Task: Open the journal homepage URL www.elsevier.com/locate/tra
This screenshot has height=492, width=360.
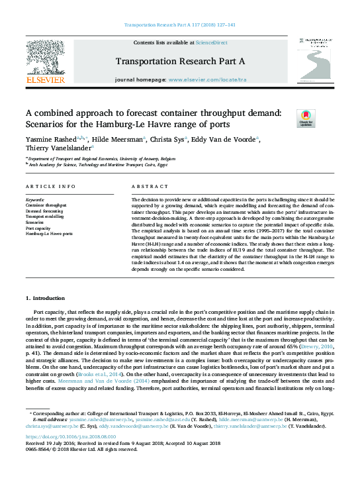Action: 205,79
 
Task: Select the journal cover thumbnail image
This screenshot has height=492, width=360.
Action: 314,60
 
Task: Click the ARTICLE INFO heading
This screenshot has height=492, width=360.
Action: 51,187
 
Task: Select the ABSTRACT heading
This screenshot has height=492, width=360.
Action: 146,187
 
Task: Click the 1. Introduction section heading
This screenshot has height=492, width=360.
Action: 46,299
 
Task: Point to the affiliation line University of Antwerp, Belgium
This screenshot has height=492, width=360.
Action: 103,160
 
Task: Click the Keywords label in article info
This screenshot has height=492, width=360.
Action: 35,199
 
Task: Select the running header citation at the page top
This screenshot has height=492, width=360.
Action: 180,25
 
